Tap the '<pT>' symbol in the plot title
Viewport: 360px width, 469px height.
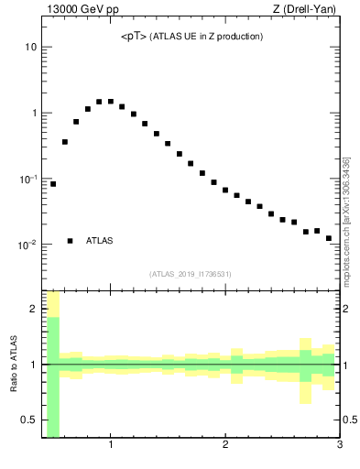click(x=134, y=37)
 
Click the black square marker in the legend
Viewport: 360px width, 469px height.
click(x=71, y=241)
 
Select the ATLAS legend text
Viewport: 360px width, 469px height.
click(x=100, y=241)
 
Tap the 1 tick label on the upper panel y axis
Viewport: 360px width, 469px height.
click(x=33, y=113)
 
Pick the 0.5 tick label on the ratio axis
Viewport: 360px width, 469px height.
click(x=28, y=420)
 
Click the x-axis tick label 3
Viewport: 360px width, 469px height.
click(x=339, y=447)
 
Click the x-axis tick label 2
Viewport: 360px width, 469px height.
click(x=225, y=447)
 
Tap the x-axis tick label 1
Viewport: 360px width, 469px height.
click(x=111, y=447)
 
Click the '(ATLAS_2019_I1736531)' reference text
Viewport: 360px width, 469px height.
click(x=191, y=274)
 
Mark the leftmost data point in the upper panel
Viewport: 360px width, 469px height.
click(x=53, y=184)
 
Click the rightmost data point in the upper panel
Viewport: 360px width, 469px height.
click(x=329, y=238)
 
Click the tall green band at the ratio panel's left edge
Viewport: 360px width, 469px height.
click(x=53, y=376)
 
